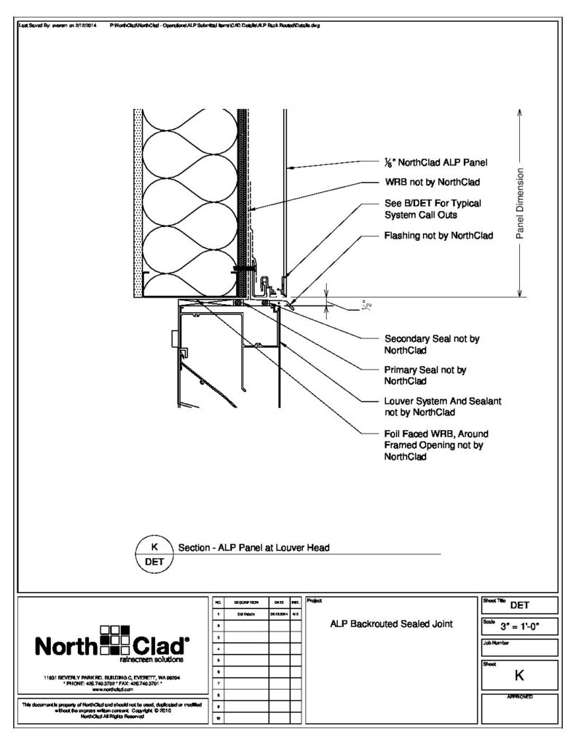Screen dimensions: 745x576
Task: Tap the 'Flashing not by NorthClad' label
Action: click(438, 236)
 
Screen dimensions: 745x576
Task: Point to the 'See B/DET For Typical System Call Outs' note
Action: click(433, 209)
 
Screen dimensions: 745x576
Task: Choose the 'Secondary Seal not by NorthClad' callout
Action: click(432, 344)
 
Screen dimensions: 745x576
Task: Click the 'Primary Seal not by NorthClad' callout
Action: click(425, 375)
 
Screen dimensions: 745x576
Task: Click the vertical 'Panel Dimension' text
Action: click(520, 204)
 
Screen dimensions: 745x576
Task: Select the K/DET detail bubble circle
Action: click(154, 554)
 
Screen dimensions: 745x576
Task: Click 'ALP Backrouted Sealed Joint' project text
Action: click(392, 624)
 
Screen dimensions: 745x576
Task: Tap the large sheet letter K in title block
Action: click(519, 675)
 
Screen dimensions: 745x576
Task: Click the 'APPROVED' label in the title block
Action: click(519, 696)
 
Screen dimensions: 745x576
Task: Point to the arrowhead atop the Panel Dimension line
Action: click(520, 112)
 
